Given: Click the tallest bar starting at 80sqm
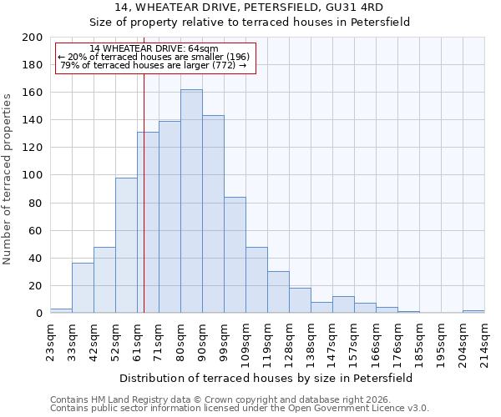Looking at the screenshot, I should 191,201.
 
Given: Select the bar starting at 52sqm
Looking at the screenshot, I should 126,245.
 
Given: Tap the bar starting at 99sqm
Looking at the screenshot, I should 235,254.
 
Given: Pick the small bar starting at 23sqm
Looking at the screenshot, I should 61,310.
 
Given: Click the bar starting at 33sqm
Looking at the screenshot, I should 83,288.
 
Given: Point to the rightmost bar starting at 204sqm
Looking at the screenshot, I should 473,311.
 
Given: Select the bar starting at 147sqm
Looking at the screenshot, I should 343,304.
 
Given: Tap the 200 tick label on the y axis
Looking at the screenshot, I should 33,38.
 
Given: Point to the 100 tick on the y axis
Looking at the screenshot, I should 33,175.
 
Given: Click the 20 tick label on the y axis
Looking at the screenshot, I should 36,286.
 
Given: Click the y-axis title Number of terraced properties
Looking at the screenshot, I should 8,178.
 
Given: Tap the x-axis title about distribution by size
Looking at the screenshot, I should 266,378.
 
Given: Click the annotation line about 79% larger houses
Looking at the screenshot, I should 154,65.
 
